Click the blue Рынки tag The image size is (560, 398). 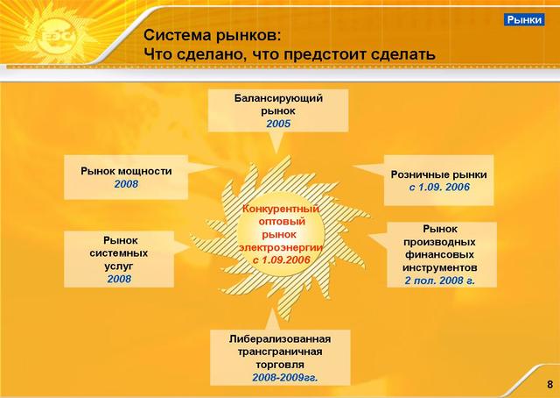[x=524, y=19]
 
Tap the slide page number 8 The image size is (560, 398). [x=549, y=385]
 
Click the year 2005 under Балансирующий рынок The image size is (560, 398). [x=278, y=124]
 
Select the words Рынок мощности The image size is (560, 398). [x=126, y=171]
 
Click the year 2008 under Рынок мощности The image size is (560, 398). [x=126, y=184]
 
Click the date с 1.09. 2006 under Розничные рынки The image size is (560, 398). [x=439, y=187]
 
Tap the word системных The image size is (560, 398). [x=119, y=253]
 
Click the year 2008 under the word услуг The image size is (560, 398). [x=119, y=279]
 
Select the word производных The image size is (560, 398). [x=439, y=242]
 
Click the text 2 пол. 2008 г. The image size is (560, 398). [x=439, y=281]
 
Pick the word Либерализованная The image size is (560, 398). [x=280, y=338]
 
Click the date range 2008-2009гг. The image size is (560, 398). [x=284, y=377]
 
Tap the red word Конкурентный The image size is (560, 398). [x=281, y=209]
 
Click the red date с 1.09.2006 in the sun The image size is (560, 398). [x=281, y=259]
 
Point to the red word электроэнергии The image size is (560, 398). [x=281, y=248]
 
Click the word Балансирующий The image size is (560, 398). [x=278, y=98]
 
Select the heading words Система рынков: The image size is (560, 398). [x=213, y=36]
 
